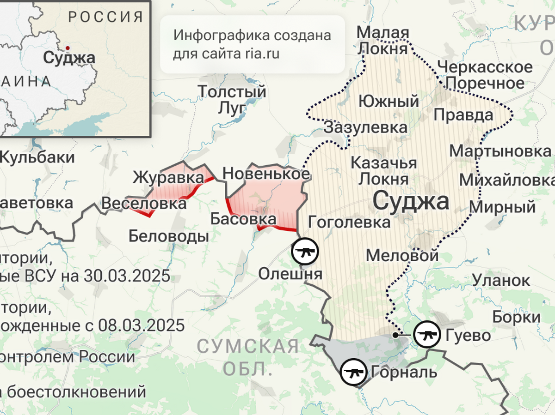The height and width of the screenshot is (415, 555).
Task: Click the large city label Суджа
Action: pyautogui.click(x=411, y=201)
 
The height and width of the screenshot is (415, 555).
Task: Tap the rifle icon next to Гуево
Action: pyautogui.click(x=427, y=334)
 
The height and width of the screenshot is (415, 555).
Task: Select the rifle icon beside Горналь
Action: pyautogui.click(x=354, y=372)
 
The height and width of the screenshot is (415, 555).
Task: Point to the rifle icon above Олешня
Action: pyautogui.click(x=305, y=252)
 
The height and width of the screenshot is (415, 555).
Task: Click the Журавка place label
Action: pyautogui.click(x=168, y=177)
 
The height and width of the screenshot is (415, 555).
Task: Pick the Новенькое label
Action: pyautogui.click(x=266, y=174)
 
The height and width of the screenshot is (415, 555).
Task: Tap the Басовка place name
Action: pyautogui.click(x=243, y=219)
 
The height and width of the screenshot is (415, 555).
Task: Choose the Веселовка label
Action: pyautogui.click(x=144, y=203)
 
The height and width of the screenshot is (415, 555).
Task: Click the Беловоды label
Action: pyautogui.click(x=168, y=236)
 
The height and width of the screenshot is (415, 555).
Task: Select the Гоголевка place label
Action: pyautogui.click(x=349, y=222)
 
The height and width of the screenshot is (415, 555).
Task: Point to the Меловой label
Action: pyautogui.click(x=402, y=255)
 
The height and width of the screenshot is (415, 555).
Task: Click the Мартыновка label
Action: pyautogui.click(x=500, y=151)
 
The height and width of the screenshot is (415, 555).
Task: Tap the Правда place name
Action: pyautogui.click(x=463, y=114)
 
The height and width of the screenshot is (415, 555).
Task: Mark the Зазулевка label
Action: pyautogui.click(x=365, y=127)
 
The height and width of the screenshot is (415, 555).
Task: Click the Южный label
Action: pyautogui.click(x=388, y=101)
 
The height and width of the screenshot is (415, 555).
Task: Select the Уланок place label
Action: pyautogui.click(x=501, y=280)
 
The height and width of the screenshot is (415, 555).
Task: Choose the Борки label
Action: pyautogui.click(x=516, y=317)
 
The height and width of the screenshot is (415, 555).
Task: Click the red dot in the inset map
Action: pyautogui.click(x=68, y=48)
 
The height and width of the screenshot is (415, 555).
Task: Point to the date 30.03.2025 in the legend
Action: pyautogui.click(x=127, y=276)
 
